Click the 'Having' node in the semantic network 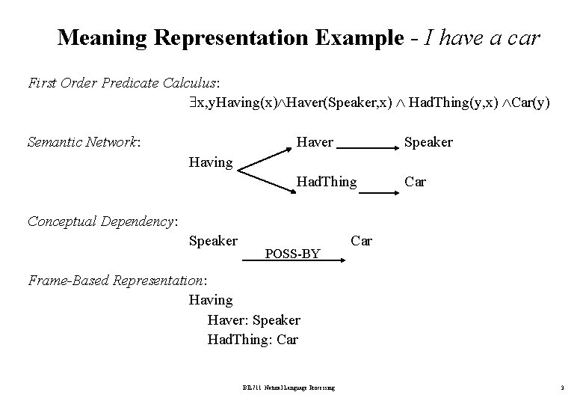[211, 162]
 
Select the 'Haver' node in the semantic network [315, 141]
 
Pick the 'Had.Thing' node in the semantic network [327, 181]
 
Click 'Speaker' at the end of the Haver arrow [428, 142]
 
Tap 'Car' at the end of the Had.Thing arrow [415, 181]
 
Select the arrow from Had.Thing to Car [377, 192]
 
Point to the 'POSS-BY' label [293, 254]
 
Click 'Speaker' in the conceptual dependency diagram [213, 240]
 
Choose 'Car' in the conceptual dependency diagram [361, 240]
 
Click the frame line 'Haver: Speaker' [254, 320]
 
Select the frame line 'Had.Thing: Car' [253, 340]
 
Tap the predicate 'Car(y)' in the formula [529, 102]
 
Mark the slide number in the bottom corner [561, 388]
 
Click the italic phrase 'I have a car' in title [481, 37]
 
